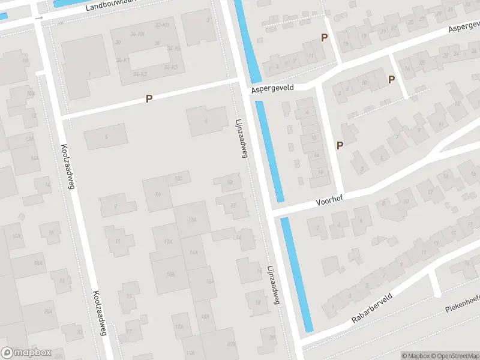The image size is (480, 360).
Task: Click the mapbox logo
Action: click(x=26, y=353)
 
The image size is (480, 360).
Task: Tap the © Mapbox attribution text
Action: click(x=415, y=356)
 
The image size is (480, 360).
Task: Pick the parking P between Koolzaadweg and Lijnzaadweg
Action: click(x=149, y=98)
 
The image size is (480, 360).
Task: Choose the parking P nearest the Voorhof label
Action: click(x=340, y=146)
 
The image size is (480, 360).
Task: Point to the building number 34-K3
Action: click(x=140, y=74)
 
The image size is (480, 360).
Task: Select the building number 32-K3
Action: click(x=162, y=25)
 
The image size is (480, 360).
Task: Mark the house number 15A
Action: click(x=170, y=274)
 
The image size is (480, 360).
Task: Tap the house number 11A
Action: click(x=169, y=241)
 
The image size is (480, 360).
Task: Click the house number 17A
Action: click(x=178, y=327)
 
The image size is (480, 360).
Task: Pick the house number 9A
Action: click(x=158, y=194)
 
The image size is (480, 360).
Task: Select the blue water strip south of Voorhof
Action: click(x=297, y=275)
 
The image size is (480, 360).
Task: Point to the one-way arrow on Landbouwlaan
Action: click(x=39, y=18)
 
